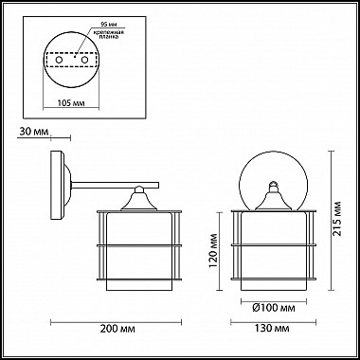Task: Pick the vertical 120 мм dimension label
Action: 215,254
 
